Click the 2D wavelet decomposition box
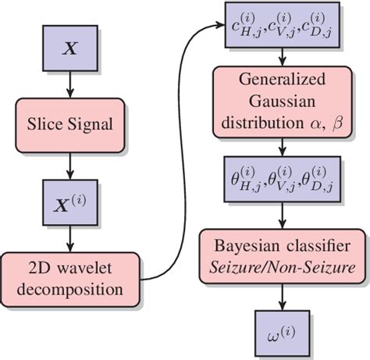[x=71, y=280]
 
